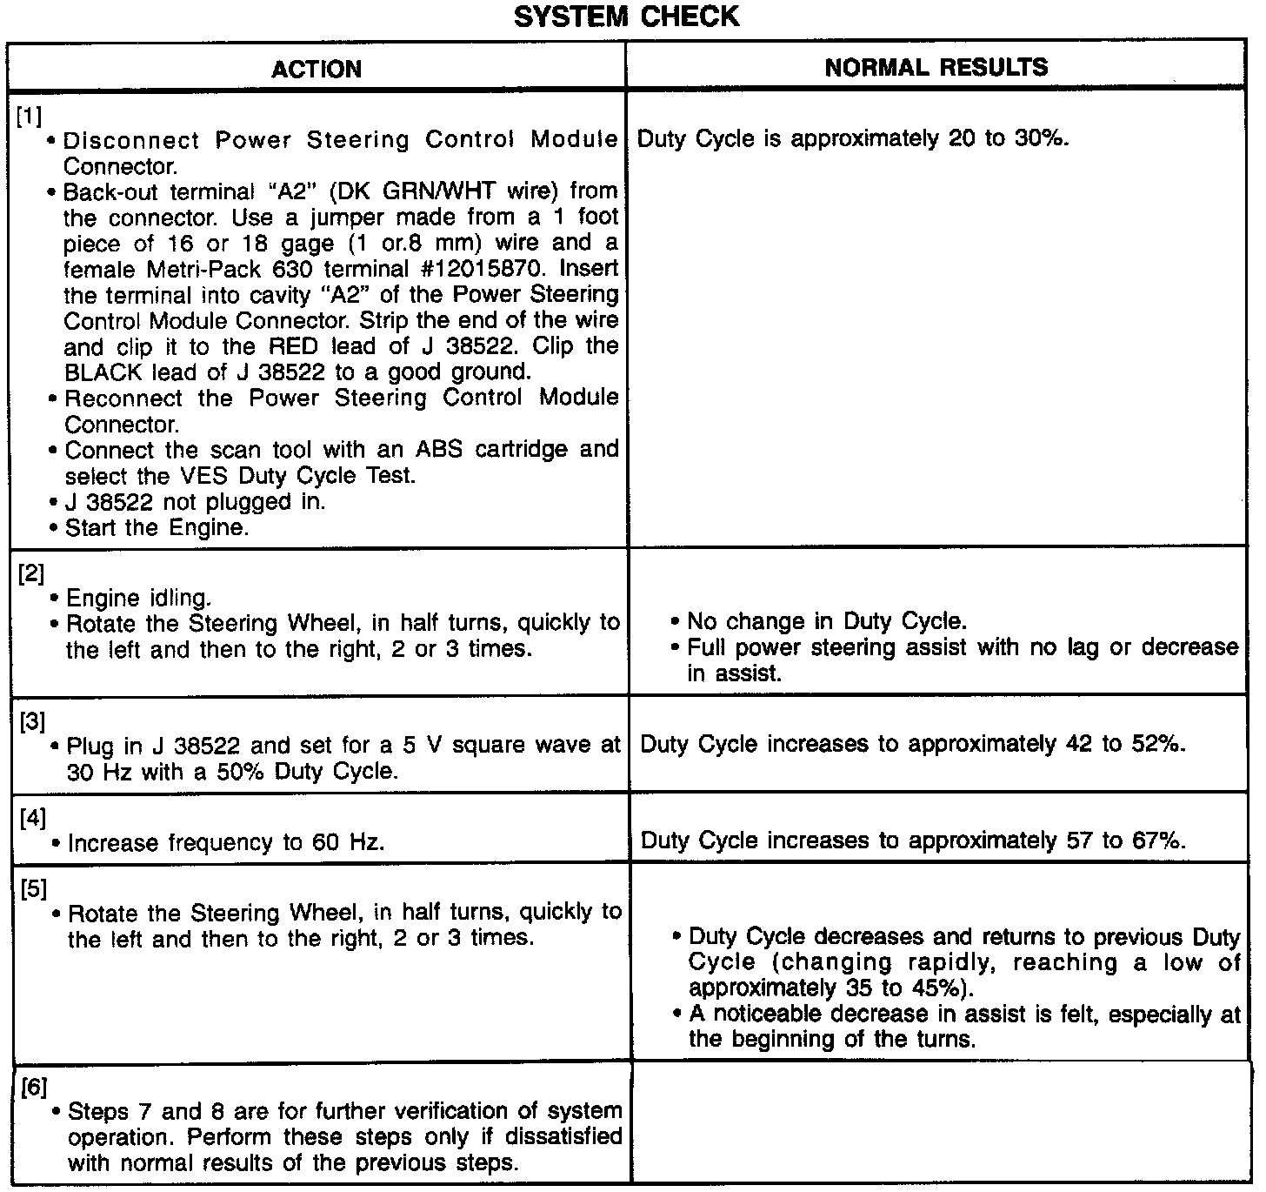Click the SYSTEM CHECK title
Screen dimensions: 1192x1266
626,17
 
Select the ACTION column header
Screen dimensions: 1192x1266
316,69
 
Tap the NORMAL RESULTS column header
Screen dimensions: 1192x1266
936,67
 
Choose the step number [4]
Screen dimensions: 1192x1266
32,818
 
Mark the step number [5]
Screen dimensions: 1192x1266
33,888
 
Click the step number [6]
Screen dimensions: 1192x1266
34,1087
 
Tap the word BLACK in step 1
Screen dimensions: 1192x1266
106,372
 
